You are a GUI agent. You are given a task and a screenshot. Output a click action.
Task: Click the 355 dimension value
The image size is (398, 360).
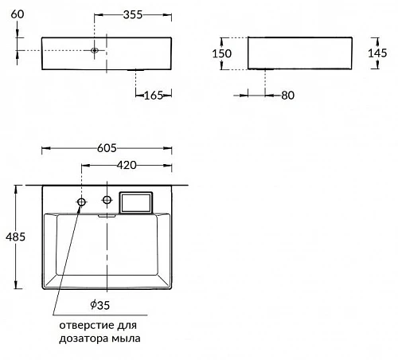tap(133, 14)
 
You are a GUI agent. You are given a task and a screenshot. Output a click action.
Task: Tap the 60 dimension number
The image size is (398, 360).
tap(18, 14)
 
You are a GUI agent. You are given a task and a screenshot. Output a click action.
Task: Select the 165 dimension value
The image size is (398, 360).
tap(154, 96)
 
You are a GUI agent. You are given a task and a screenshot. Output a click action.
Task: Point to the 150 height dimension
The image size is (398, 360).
tap(222, 53)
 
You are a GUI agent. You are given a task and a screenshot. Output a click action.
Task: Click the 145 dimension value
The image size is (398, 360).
tap(377, 53)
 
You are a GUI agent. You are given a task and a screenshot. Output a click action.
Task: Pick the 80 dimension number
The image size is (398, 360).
tap(287, 96)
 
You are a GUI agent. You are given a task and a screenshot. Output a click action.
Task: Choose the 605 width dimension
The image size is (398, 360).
tap(107, 148)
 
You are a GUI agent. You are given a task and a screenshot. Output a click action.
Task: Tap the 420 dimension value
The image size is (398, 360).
tap(127, 165)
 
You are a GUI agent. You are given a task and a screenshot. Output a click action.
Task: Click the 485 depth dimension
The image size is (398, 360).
tap(15, 237)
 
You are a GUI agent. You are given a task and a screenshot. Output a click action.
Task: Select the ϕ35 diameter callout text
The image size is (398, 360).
tap(99, 305)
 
